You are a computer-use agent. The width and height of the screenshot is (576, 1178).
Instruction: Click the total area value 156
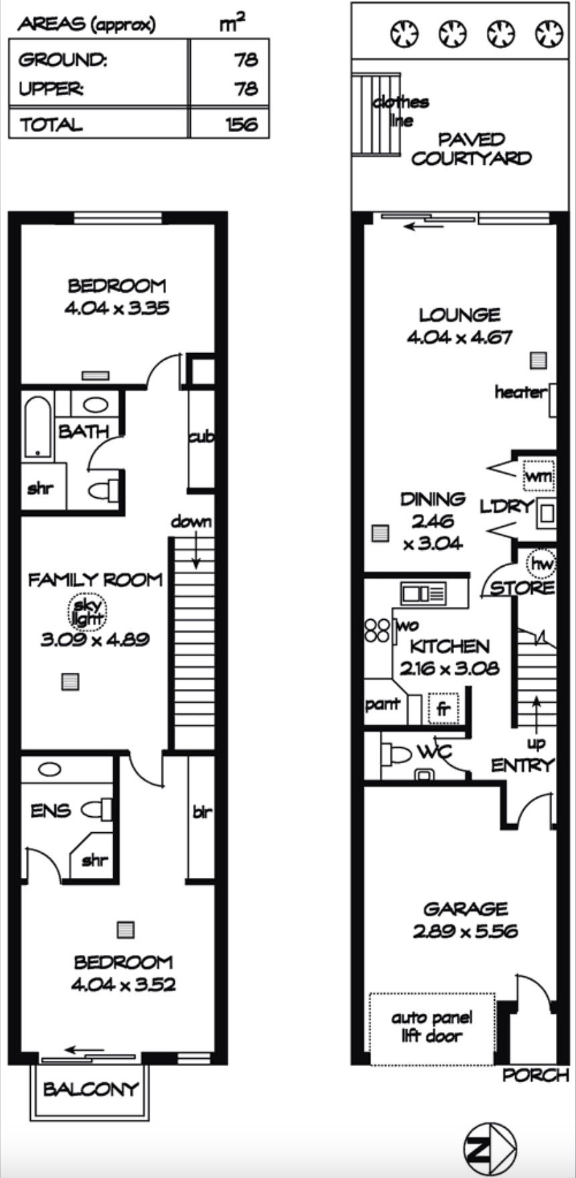242,124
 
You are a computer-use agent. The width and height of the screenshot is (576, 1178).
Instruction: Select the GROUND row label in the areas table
62,60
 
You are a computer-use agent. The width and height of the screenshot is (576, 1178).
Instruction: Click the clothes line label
401,111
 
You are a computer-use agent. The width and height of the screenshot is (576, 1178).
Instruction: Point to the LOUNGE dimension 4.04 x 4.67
459,336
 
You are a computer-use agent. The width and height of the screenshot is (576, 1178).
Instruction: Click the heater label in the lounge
520,392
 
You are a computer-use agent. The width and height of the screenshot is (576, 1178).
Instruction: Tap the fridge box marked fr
443,709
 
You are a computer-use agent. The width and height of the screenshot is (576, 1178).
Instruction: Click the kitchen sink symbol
423,593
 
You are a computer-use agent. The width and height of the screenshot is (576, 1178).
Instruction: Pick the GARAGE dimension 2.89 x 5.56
465,931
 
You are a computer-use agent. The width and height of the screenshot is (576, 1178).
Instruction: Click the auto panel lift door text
431,1027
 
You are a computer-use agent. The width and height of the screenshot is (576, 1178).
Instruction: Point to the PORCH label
535,1075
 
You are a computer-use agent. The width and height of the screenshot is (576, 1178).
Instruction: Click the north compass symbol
490,1149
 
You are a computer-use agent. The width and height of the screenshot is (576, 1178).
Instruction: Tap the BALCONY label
90,1089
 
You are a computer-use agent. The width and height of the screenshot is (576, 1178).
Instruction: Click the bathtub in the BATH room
38,428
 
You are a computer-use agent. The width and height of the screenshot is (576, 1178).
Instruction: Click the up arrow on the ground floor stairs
536,714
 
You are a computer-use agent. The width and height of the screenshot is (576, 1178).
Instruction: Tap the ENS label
51,810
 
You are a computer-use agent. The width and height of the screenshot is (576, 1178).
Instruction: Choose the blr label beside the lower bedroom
202,811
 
